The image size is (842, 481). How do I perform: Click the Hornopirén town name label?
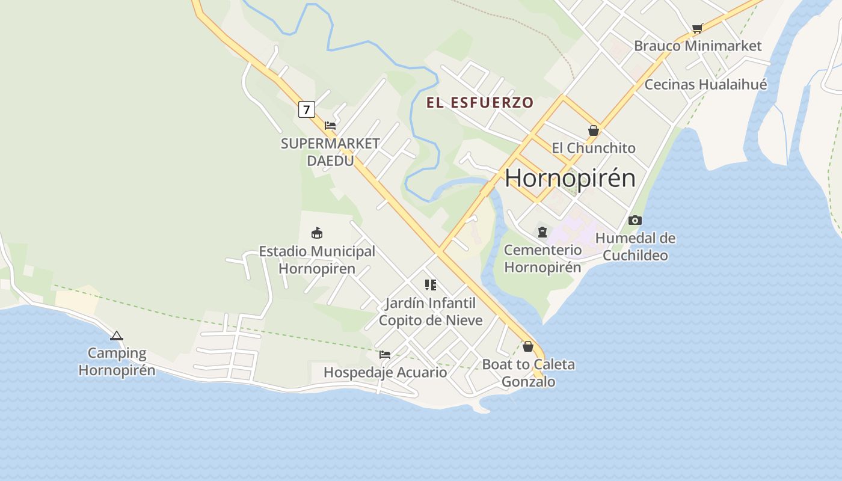point(570,179)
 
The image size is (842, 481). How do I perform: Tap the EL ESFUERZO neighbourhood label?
point(480,103)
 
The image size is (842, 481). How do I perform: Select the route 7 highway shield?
point(307,109)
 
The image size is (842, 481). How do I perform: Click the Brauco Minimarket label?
point(698,46)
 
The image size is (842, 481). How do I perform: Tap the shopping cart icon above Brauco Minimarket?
point(698,28)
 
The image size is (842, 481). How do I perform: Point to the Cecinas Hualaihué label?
point(705,85)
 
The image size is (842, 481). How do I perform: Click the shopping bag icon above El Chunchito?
point(594,130)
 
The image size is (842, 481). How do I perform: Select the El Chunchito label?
point(594,148)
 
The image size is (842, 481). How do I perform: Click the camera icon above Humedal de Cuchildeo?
point(635,221)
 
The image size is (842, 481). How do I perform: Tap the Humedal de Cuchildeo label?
point(635,247)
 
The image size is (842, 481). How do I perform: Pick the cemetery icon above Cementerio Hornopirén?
point(542,232)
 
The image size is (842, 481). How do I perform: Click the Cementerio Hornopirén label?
point(542,259)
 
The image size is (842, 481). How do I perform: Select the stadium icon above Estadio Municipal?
point(317,233)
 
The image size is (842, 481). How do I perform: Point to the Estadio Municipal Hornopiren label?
point(317,260)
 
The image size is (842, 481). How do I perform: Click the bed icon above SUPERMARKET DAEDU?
point(330,126)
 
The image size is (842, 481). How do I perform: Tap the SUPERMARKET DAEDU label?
point(330,152)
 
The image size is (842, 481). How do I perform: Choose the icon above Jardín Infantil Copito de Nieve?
point(431,285)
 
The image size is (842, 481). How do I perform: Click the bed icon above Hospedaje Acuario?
point(385,355)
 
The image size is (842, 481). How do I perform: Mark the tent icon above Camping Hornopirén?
point(117,335)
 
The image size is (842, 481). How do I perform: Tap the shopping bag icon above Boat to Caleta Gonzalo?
point(528,347)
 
